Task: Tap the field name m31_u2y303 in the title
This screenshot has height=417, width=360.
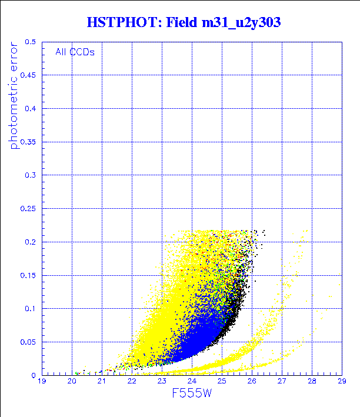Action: click(x=236, y=23)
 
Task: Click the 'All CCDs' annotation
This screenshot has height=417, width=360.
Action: click(x=75, y=51)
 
